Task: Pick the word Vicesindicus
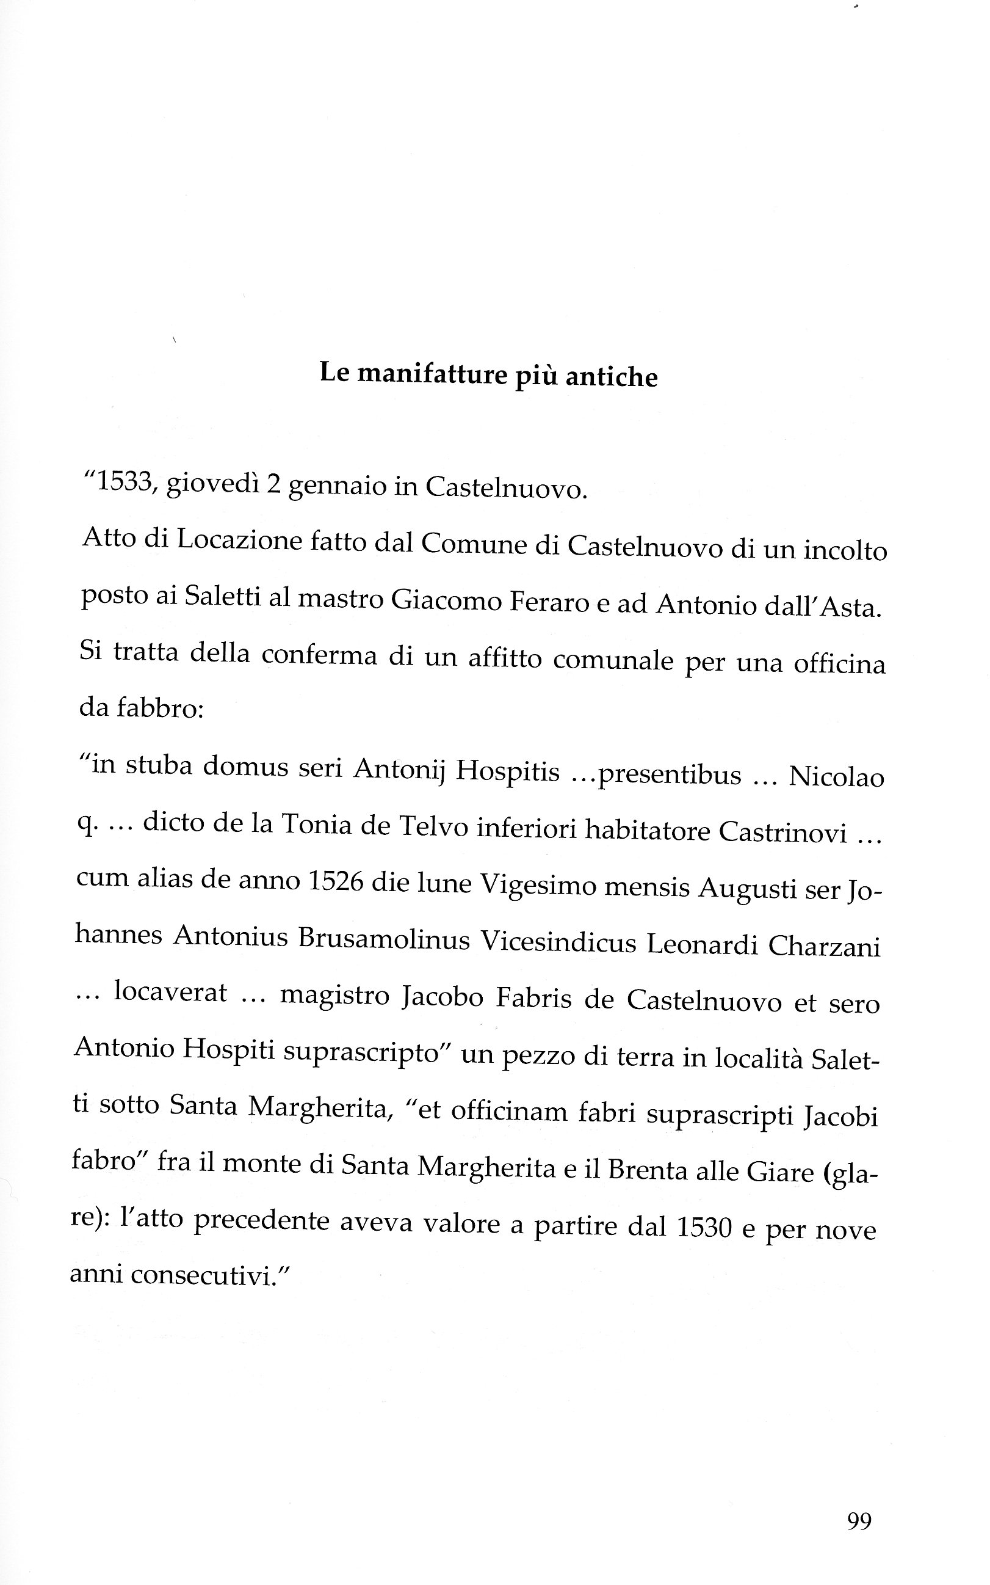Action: (558, 942)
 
